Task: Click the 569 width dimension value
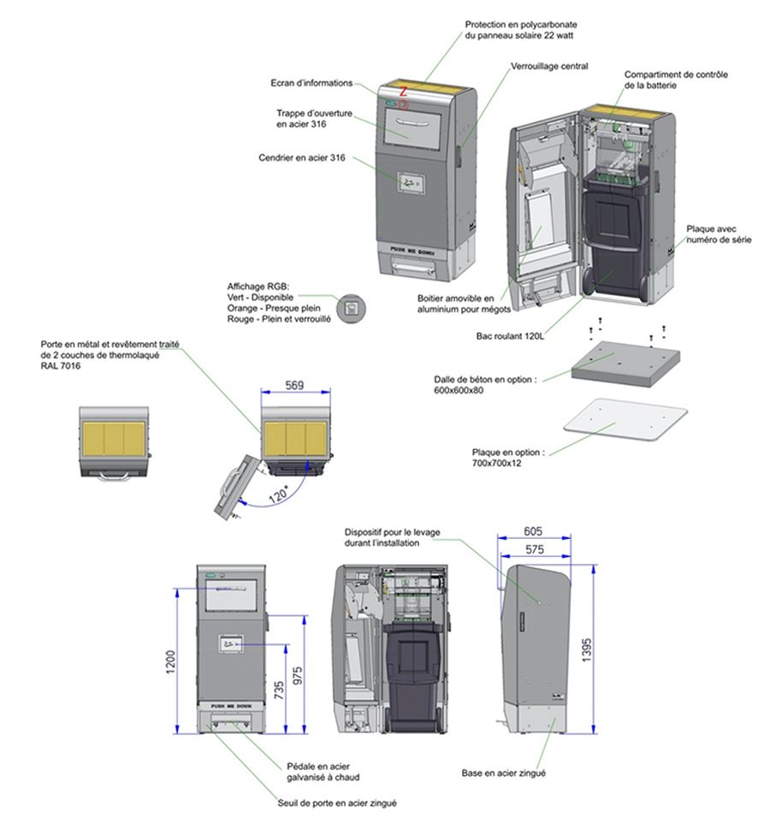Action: (294, 385)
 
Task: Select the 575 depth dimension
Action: (535, 550)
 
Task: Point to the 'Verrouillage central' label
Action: (549, 65)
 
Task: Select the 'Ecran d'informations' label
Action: (311, 83)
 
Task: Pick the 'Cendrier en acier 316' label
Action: (301, 157)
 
